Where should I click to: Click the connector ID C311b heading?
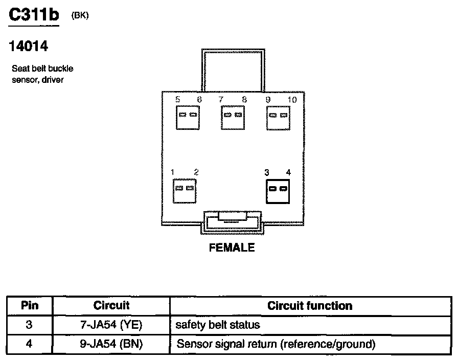click(34, 15)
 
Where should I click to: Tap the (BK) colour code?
click(80, 16)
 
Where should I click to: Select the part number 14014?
click(29, 47)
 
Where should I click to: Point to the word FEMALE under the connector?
click(232, 248)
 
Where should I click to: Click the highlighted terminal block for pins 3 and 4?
click(278, 189)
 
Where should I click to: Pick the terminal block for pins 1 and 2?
click(185, 189)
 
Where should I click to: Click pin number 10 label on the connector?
click(291, 100)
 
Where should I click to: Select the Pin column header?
click(29, 306)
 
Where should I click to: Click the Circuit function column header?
click(309, 306)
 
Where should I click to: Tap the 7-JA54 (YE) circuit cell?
click(111, 325)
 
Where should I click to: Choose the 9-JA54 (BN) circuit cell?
click(111, 344)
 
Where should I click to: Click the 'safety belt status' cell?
click(218, 325)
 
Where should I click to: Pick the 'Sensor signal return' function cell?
click(276, 344)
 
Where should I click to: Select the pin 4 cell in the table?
click(29, 344)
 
